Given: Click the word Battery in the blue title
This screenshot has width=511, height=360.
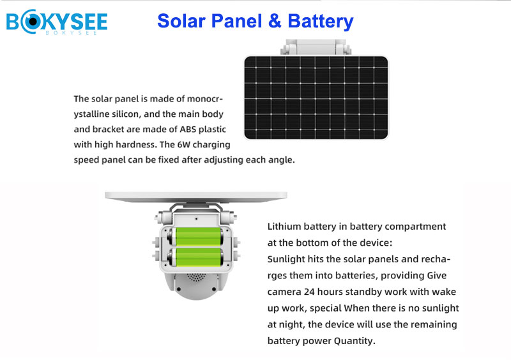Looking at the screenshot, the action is coord(321,22).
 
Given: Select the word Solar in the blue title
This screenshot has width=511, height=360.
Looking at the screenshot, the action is coord(182,21).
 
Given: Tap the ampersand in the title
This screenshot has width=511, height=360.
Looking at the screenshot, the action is coord(275,21).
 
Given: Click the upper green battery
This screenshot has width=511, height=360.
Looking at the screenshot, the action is coord(196,237).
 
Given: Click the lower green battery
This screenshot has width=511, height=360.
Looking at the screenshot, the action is coord(196,257).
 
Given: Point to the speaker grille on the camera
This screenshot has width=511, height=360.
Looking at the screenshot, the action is coord(196,277).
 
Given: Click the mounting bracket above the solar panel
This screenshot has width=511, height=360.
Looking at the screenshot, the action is coord(316,48).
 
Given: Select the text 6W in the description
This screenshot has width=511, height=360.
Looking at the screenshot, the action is coord(183,145).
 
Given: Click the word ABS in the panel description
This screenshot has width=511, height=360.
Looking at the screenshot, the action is coord(188,130).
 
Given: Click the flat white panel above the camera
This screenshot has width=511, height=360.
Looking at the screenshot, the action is coord(196,197).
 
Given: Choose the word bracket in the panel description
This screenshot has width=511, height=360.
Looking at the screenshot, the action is coord(108,130).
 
